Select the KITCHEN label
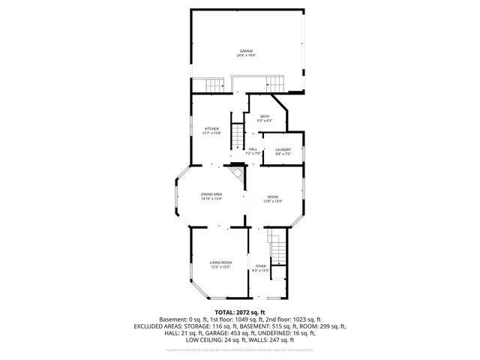212,128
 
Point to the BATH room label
264,115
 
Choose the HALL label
253,149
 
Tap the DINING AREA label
211,194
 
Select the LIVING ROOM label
220,262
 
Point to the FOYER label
260,265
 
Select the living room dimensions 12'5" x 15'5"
220,266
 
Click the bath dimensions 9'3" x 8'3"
264,120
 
